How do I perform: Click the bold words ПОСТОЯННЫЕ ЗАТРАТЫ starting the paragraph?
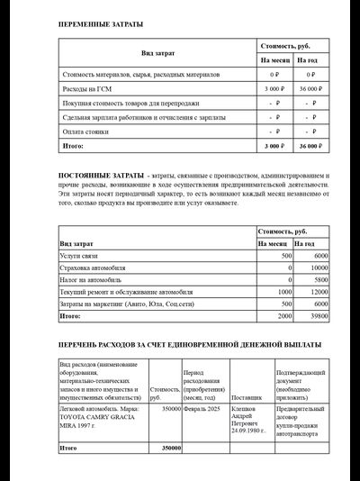(101, 173)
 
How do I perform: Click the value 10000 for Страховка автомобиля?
(318, 268)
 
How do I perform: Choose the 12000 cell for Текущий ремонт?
(318, 292)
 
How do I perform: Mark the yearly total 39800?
(318, 316)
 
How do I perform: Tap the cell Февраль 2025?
(203, 408)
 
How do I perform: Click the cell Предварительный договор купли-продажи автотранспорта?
(301, 422)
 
